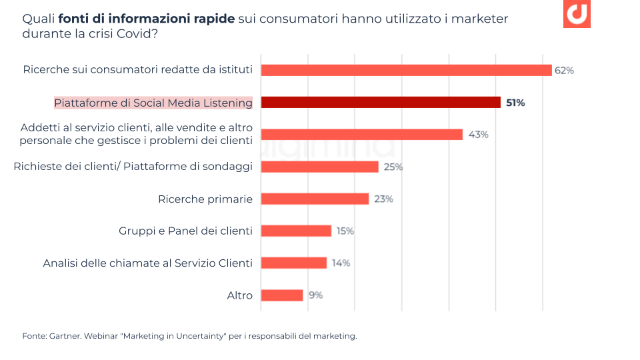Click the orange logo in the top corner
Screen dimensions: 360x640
(577, 14)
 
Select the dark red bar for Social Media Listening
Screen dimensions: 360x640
(380, 102)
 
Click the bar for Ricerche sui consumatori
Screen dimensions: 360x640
(406, 70)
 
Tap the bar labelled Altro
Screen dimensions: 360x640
(281, 295)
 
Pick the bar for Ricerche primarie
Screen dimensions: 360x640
(315, 199)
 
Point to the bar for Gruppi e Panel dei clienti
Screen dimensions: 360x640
(296, 231)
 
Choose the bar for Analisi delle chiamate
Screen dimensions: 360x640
(293, 263)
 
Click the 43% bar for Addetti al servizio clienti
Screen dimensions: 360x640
(361, 134)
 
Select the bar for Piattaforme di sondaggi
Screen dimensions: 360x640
(319, 167)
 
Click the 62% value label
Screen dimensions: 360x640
(564, 70)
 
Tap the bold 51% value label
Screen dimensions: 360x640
(515, 103)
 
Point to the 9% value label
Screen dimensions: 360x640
(315, 295)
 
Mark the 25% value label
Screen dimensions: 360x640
(393, 167)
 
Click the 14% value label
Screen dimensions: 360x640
(341, 263)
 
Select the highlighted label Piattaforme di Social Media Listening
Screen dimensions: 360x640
(153, 103)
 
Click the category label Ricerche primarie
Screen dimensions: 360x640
(205, 199)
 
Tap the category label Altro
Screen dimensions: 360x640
(240, 295)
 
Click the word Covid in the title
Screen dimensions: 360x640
(137, 33)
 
